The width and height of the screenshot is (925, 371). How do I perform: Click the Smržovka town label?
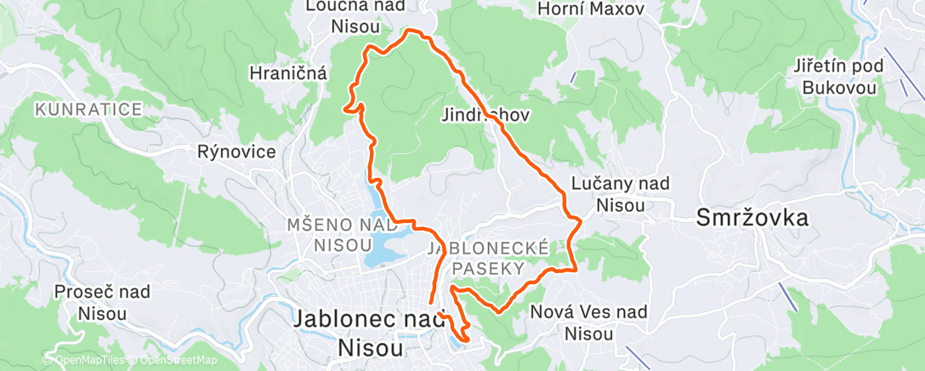[752, 218]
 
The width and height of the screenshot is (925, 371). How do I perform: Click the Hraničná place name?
[288, 73]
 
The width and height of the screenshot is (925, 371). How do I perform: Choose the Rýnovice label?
[236, 152]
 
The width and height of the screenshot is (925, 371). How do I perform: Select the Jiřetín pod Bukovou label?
[838, 76]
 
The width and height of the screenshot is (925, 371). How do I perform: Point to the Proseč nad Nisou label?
[102, 302]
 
